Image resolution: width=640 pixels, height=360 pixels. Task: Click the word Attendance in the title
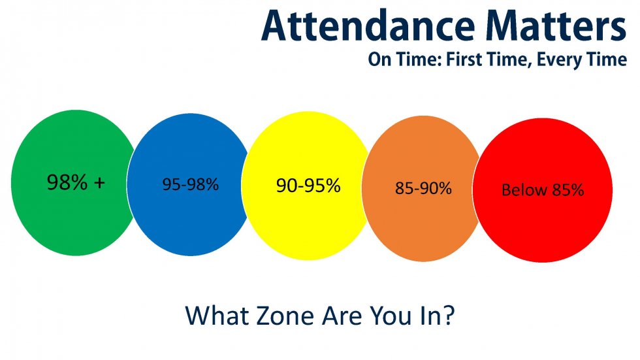pos(368,25)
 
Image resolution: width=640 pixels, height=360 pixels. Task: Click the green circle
pos(73,183)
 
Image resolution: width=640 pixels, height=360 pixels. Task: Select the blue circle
pos(190,184)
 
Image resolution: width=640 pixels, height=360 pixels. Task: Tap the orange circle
pos(423,189)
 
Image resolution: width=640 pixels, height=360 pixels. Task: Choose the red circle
pos(543,190)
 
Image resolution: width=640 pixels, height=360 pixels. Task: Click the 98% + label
pos(76,182)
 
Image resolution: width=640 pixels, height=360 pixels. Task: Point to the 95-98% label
pos(191,184)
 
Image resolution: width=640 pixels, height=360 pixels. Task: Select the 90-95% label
pos(308,186)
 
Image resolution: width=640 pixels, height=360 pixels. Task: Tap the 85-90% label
pos(423,189)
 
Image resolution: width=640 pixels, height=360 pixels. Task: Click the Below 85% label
pos(543,190)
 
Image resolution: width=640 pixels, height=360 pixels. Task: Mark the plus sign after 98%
pos(99,183)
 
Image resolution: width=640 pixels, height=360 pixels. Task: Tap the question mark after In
pos(449,315)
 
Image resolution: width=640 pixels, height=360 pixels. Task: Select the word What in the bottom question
pos(217,316)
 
